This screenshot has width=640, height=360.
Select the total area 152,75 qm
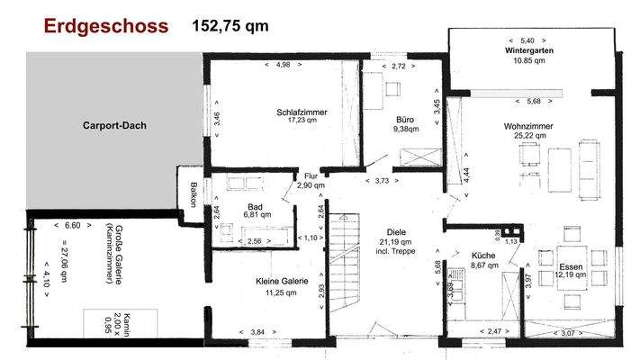[x=230, y=26]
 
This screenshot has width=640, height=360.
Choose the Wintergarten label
[x=528, y=51]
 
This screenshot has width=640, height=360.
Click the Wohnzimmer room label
[x=528, y=126]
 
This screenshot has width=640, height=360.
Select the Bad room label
[x=255, y=206]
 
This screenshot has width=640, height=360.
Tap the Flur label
[x=311, y=176]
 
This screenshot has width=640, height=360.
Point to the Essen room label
[x=571, y=266]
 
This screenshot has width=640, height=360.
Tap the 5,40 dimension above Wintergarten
[x=527, y=40]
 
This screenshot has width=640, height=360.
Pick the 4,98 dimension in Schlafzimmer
[x=284, y=65]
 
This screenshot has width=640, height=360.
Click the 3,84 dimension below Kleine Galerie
[x=258, y=333]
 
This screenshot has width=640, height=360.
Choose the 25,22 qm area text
[x=528, y=136]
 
